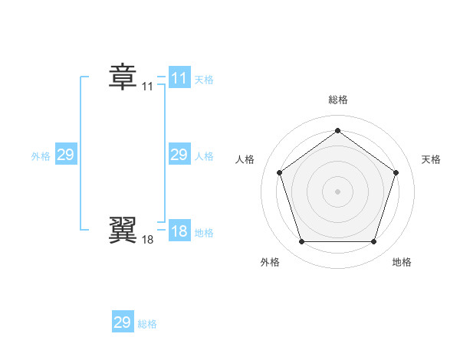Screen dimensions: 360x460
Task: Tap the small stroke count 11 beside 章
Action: [147, 87]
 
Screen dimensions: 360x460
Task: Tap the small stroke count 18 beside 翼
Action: [147, 240]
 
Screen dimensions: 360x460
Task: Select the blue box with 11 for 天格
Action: [179, 77]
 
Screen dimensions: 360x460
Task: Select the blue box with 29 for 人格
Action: [179, 155]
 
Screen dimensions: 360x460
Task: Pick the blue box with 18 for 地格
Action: [179, 231]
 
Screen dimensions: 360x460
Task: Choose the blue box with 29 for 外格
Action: [66, 155]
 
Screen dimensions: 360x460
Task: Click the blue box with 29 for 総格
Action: [123, 322]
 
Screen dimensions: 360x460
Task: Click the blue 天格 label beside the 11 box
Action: [204, 79]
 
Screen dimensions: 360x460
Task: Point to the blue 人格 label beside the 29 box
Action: [204, 156]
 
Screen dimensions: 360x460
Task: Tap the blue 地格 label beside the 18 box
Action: [204, 233]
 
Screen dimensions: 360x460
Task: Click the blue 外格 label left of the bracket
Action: [41, 156]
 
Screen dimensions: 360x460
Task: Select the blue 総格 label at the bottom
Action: [147, 324]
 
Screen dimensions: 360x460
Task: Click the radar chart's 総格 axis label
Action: [338, 100]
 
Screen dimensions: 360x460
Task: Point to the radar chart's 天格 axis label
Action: [431, 159]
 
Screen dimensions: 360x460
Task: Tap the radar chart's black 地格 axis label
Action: [402, 262]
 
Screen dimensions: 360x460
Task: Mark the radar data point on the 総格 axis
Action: [337, 130]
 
